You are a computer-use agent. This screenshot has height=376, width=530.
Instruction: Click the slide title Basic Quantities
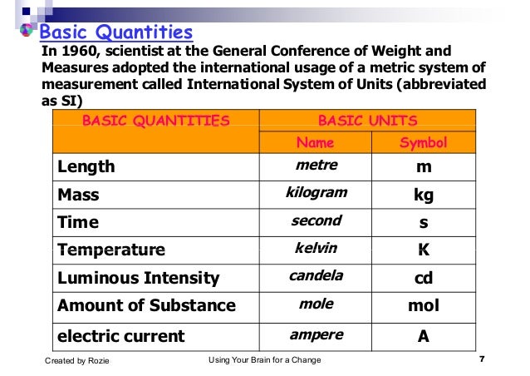click(117, 33)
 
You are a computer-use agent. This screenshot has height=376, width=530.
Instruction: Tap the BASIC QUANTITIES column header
click(155, 120)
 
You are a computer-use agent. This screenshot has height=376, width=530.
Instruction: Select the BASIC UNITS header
click(367, 120)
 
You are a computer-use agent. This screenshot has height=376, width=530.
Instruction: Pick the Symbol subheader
click(423, 142)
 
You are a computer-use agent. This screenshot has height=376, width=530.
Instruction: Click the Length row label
click(86, 166)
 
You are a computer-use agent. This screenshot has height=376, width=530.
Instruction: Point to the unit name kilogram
click(316, 193)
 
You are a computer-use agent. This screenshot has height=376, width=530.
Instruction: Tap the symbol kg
click(424, 195)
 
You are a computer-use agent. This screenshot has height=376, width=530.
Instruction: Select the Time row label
click(77, 222)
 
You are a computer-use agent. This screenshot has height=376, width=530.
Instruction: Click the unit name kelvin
click(316, 248)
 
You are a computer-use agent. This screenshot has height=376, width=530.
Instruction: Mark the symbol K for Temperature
click(424, 250)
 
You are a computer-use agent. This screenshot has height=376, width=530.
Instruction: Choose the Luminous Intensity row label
click(138, 278)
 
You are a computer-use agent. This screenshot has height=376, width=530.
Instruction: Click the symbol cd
click(424, 278)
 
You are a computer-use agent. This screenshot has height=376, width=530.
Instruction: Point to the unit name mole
click(316, 304)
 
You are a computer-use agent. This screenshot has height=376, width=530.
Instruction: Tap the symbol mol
click(424, 305)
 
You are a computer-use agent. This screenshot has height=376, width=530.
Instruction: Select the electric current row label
click(121, 336)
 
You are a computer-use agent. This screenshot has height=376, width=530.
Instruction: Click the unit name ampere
click(316, 334)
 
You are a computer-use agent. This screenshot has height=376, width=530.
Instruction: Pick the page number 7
click(483, 359)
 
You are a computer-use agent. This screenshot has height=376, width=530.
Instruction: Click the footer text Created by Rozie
click(76, 360)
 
